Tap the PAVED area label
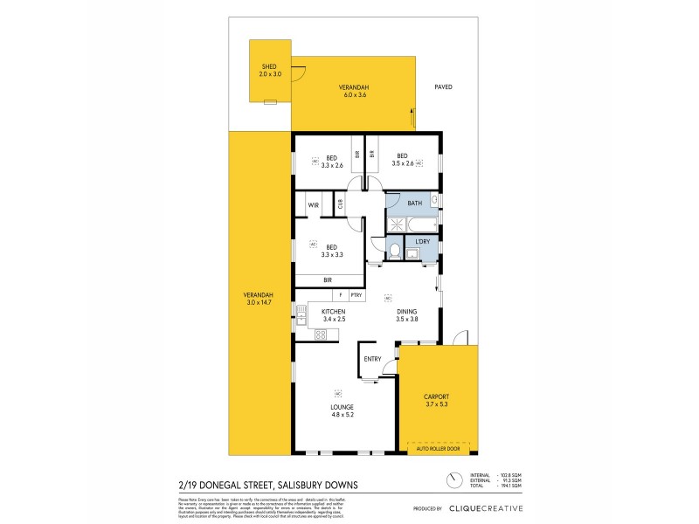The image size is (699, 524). [x=444, y=87]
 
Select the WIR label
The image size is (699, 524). [x=312, y=204]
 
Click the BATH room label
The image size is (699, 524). [x=414, y=203]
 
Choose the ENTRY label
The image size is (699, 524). [x=372, y=359]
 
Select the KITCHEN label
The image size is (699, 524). [x=334, y=312]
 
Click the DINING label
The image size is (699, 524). [x=406, y=312]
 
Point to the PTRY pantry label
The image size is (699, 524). [x=356, y=295]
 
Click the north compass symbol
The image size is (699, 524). [x=453, y=479]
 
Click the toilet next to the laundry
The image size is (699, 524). [x=394, y=252]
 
